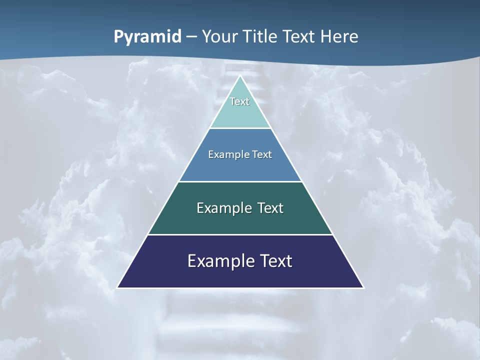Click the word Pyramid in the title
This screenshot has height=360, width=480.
coord(147,37)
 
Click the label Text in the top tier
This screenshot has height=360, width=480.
coord(239,101)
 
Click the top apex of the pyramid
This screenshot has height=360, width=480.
coord(240,76)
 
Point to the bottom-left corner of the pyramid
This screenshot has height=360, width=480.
coord(118,287)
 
